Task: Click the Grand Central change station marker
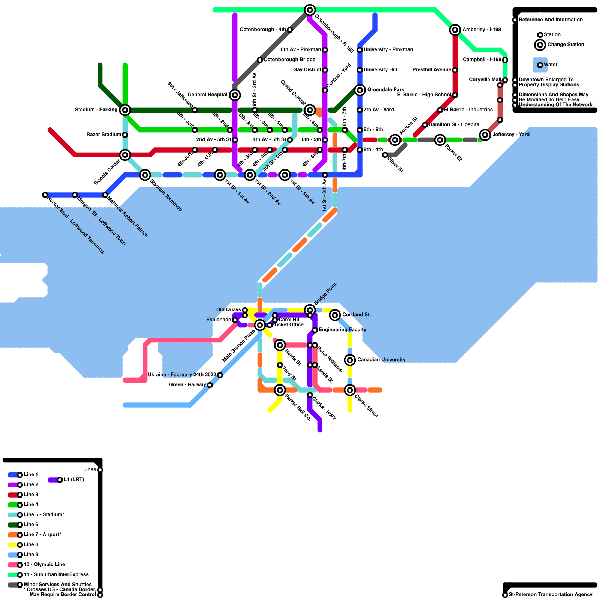coord(310,110)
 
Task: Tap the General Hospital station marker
coord(235,95)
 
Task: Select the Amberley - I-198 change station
coord(455,30)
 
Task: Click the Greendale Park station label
coord(385,90)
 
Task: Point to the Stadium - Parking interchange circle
coord(125,110)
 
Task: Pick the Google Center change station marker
coord(125,155)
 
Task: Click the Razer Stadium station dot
coord(125,135)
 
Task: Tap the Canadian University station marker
coord(350,360)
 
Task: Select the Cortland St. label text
coord(356,315)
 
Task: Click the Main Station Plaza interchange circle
coord(260,325)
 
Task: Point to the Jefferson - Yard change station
coord(485,135)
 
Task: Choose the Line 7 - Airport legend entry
coord(42,535)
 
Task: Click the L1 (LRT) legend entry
coord(73,480)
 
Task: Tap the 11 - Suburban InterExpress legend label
coord(56,574)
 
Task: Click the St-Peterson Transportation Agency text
coord(550,595)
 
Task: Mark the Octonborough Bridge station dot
coord(260,60)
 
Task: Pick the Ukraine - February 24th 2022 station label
coord(182,375)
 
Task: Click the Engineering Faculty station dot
coord(315,330)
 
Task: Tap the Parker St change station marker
coord(440,140)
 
